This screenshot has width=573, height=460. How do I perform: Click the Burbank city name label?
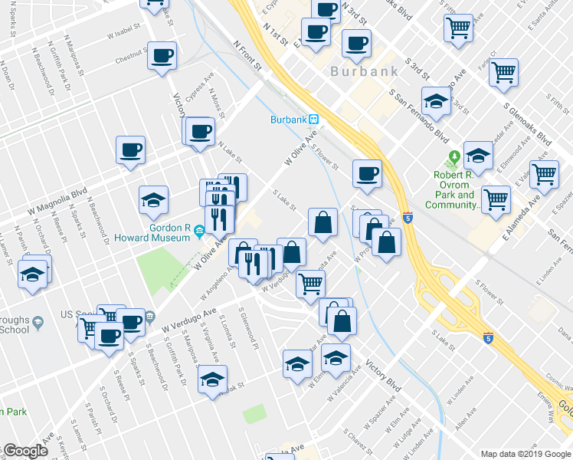click(364, 72)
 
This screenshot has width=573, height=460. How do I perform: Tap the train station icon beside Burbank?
click(314, 120)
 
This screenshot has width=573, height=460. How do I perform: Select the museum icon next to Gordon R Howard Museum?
click(198, 230)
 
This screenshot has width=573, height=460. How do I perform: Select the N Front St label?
click(248, 56)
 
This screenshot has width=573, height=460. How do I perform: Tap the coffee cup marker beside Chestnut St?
click(162, 57)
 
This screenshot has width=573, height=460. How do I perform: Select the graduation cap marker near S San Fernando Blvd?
click(436, 100)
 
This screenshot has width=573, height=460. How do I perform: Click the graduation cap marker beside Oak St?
click(213, 378)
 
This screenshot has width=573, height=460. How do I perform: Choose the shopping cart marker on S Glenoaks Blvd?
click(504, 73)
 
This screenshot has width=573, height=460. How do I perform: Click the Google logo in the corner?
click(25, 451)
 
